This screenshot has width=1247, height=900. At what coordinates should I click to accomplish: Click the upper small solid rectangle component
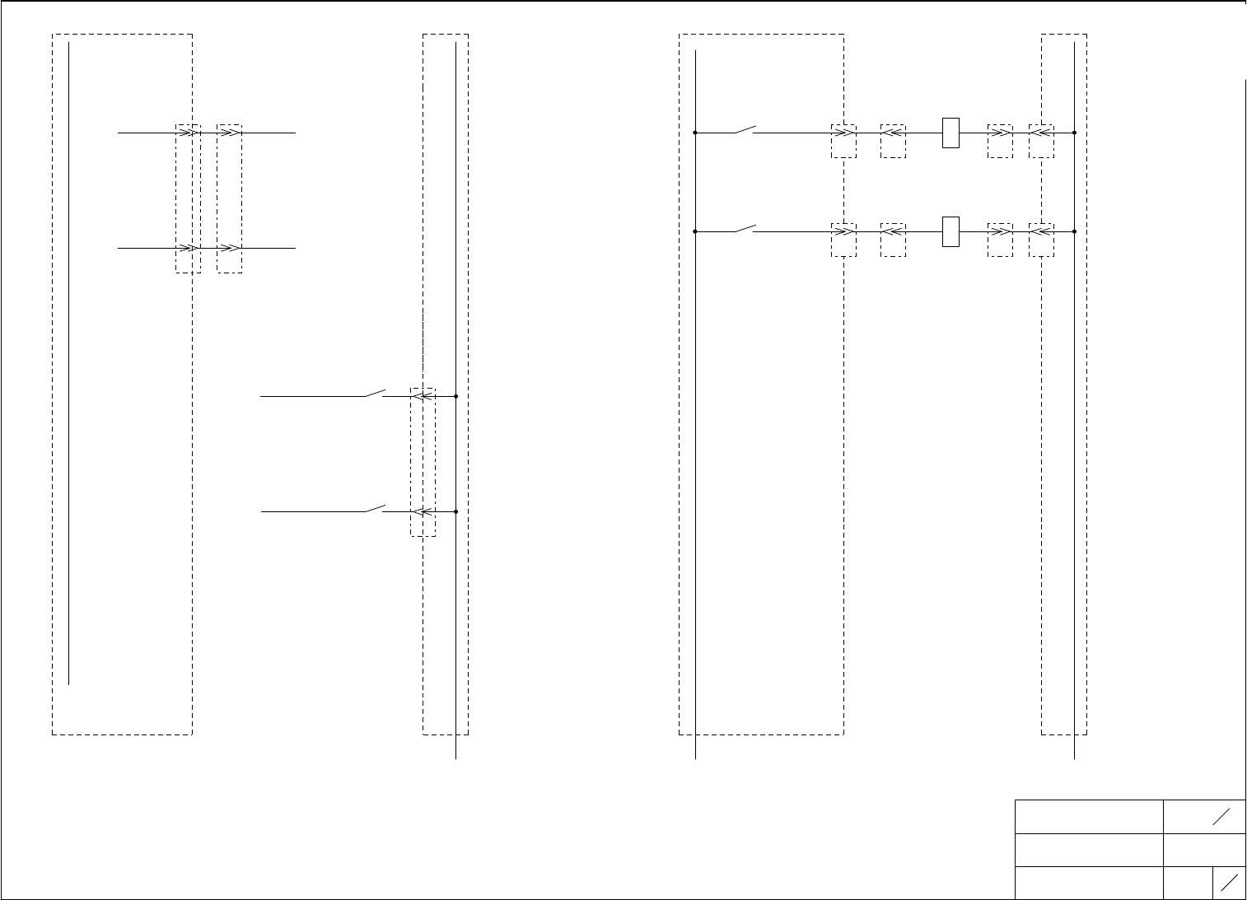(x=950, y=133)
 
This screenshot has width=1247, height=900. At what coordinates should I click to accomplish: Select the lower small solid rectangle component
(x=950, y=231)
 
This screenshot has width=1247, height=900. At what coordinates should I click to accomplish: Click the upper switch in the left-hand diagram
(x=376, y=393)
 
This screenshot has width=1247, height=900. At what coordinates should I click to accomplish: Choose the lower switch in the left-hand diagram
(x=376, y=508)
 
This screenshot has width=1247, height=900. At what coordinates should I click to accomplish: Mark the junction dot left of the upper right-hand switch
(x=696, y=133)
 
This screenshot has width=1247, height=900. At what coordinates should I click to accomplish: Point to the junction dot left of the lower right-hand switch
(x=696, y=231)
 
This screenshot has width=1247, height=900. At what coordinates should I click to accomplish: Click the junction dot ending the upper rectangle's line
(x=1075, y=133)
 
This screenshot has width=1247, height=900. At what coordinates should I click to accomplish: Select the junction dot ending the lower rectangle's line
(x=1075, y=231)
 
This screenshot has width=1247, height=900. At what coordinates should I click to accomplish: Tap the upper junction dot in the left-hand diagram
(x=455, y=396)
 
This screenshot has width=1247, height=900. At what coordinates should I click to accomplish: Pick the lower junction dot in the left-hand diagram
(x=455, y=511)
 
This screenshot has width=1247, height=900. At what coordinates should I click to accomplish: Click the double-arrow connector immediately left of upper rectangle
(x=893, y=133)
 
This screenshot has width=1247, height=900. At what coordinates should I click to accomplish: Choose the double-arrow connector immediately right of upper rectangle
(x=1000, y=133)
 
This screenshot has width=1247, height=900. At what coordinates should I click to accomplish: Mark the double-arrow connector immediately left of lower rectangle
(x=893, y=231)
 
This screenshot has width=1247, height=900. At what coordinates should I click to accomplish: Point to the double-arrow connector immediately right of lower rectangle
(x=1000, y=231)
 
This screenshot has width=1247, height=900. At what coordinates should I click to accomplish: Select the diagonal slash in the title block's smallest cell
(x=1229, y=883)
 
